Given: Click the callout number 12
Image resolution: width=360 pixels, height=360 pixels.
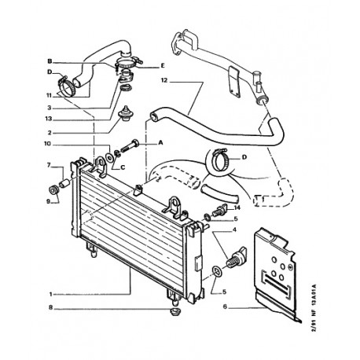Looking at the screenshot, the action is point(164,80).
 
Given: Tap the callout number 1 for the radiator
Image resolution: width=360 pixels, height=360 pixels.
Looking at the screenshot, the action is point(51,295).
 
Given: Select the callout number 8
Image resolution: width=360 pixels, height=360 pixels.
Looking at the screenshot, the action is point(50,307).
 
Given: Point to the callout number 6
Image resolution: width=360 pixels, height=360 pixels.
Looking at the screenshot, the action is point(225,307).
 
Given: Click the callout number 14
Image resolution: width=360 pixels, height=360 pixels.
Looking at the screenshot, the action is point(237,208).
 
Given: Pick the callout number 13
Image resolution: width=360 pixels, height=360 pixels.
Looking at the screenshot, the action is point(49,119).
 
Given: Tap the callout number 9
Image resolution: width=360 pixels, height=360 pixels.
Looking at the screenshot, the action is point(48,201).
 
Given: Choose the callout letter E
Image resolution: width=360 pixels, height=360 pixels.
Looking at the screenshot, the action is point(163,65).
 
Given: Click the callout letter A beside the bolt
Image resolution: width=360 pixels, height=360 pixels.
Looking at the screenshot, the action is point(160,142).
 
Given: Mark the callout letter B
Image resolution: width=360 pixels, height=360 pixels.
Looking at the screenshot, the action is point(50,61).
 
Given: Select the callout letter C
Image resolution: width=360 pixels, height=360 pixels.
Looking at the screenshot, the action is point(123,167).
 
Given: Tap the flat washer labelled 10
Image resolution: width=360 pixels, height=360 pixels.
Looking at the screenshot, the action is point(109,157).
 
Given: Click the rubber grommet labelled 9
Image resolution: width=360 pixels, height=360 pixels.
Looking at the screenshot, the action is point(54,190).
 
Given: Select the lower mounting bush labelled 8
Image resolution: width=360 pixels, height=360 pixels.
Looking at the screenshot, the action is point(174,312).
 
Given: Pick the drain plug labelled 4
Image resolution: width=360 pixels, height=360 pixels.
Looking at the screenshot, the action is point(236,257).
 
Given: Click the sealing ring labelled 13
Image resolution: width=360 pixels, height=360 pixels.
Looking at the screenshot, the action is point(126,88).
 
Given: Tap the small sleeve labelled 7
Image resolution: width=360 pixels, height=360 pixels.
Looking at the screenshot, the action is point(64,183).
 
